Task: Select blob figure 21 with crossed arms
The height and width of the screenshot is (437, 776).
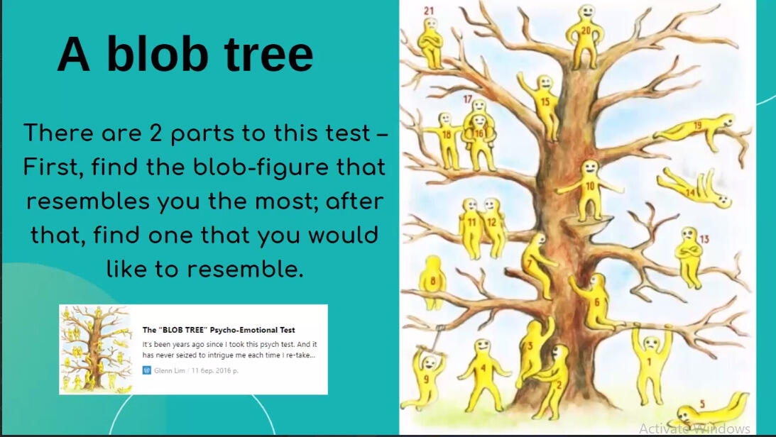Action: (x=430, y=43)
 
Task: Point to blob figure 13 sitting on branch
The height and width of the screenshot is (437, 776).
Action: (x=689, y=257)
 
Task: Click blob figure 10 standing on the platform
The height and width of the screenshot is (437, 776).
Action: (x=590, y=189)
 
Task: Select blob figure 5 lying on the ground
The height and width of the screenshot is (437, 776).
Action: (x=708, y=409)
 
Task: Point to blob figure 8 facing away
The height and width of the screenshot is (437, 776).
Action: (x=432, y=281)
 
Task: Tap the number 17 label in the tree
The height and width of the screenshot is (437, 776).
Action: (x=468, y=99)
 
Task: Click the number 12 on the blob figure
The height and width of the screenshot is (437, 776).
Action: (x=491, y=223)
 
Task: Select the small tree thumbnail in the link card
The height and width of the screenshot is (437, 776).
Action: (x=96, y=348)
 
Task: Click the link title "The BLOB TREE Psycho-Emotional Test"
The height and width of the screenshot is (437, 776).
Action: (x=219, y=330)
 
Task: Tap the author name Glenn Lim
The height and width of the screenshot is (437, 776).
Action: (x=169, y=370)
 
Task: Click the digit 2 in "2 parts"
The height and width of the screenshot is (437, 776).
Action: (x=156, y=133)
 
